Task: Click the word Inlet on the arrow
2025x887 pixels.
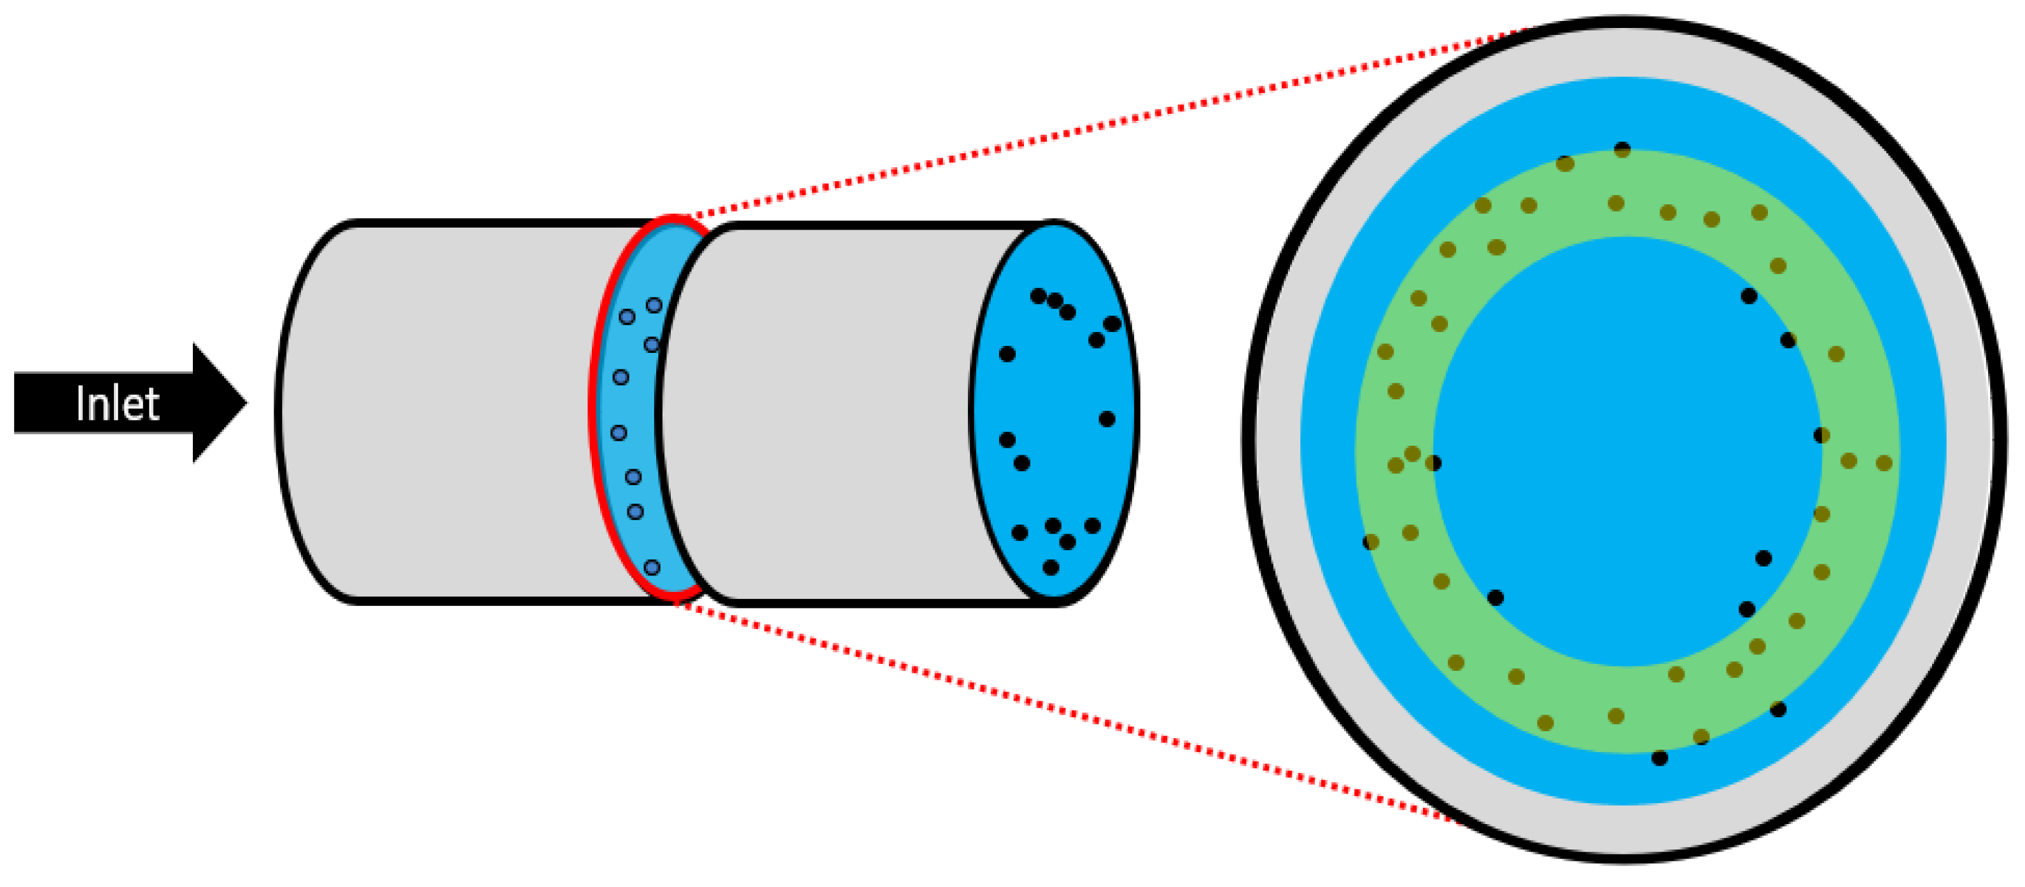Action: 118,404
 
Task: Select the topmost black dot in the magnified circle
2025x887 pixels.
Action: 1623,149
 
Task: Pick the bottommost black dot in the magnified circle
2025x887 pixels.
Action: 1660,758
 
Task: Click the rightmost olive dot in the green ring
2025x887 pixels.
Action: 1884,464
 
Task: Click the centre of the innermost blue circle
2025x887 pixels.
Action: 1627,451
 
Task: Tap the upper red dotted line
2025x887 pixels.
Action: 1100,126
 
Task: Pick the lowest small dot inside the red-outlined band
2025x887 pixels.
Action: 652,567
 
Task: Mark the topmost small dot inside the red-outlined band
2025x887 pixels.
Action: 654,305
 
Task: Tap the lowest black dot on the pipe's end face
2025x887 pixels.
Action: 1051,567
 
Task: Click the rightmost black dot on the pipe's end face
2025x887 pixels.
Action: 1112,324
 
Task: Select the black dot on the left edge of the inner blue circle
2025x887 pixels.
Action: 1433,464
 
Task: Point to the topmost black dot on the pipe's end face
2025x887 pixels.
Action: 1039,296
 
